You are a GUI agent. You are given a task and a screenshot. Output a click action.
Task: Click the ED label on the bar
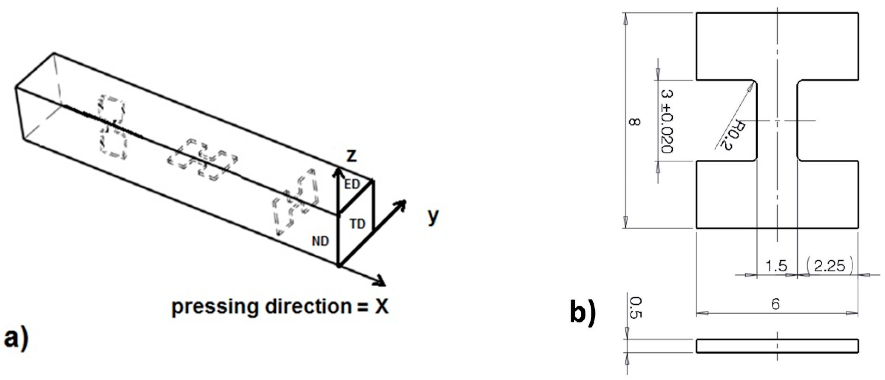click(352, 185)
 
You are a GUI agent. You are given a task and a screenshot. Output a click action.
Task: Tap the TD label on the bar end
click(357, 224)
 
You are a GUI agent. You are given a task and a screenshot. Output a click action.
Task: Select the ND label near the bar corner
click(320, 241)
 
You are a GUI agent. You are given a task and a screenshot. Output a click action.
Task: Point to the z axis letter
click(351, 156)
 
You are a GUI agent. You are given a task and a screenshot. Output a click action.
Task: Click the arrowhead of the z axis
click(338, 172)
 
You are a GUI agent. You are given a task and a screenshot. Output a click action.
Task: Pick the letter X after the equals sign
click(381, 306)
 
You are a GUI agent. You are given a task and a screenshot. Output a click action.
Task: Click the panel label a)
click(16, 338)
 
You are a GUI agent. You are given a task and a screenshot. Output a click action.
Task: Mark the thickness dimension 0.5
click(634, 308)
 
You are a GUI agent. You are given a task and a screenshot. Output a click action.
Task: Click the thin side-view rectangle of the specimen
click(777, 346)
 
